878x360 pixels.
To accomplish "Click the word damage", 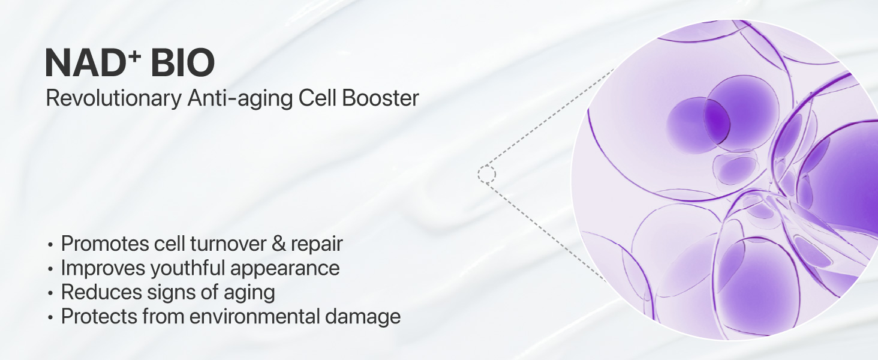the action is pos(367,317).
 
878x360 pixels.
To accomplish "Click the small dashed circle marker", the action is pos(486,175).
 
